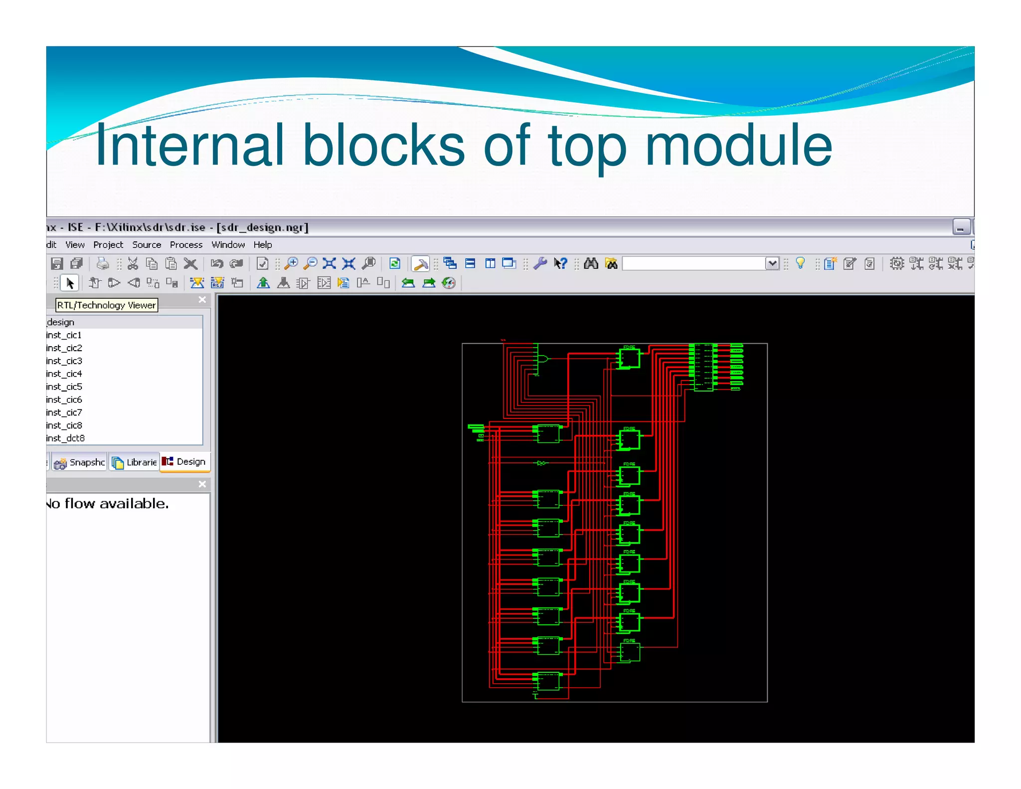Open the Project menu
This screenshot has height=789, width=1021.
pyautogui.click(x=108, y=245)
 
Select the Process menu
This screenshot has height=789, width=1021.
pyautogui.click(x=186, y=245)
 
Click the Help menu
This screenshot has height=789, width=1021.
pyautogui.click(x=262, y=245)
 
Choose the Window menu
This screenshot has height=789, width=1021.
pyautogui.click(x=228, y=245)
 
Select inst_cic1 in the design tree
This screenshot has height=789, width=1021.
pyautogui.click(x=64, y=335)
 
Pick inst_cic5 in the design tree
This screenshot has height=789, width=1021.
pyautogui.click(x=64, y=387)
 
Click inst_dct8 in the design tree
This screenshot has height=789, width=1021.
pyautogui.click(x=65, y=438)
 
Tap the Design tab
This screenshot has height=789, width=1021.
pyautogui.click(x=185, y=462)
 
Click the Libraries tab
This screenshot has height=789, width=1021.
pyautogui.click(x=135, y=462)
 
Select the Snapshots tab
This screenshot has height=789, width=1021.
pyautogui.click(x=80, y=462)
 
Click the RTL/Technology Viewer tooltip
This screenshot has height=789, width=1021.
pyautogui.click(x=106, y=305)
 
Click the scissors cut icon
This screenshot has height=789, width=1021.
pyautogui.click(x=133, y=263)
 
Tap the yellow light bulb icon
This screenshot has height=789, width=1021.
pyautogui.click(x=800, y=263)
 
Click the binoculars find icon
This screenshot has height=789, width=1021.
pyautogui.click(x=591, y=263)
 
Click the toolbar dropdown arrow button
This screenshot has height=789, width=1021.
pyautogui.click(x=772, y=263)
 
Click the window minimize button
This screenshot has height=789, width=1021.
pyautogui.click(x=961, y=227)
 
